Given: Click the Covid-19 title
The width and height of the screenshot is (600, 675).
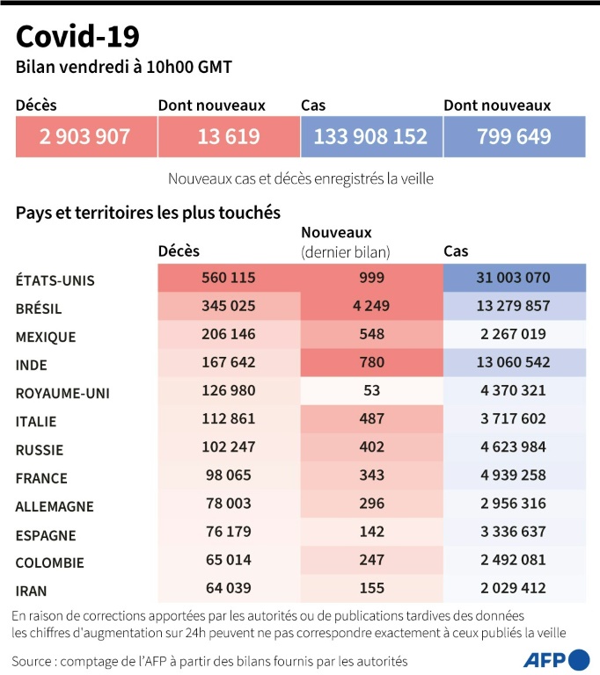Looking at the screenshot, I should [77, 36].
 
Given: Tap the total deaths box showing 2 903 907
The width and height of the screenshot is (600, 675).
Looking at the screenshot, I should [85, 137].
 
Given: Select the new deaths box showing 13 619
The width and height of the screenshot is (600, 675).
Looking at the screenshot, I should [229, 137].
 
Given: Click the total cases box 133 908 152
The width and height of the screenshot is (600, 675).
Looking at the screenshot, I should [370, 137].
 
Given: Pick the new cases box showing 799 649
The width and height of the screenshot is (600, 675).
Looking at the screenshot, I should [514, 137].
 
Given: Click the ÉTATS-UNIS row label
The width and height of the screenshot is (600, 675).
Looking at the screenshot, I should [55, 280].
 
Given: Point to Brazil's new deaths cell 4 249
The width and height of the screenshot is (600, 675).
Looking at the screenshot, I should [371, 307].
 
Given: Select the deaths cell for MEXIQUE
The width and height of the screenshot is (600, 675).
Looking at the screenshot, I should [229, 335].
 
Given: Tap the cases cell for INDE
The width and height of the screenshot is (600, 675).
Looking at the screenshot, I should [514, 363].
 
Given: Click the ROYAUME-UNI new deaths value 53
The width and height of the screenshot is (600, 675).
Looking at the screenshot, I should [371, 391].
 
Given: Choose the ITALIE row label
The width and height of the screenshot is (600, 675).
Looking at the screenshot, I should [36, 422].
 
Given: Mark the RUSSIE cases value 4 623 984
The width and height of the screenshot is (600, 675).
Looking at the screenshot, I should [514, 447].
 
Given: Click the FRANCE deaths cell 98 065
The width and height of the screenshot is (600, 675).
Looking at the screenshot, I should [229, 475].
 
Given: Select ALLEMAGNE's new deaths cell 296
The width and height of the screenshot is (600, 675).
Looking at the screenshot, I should [371, 504].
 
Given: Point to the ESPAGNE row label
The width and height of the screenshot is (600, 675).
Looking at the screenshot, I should [46, 534].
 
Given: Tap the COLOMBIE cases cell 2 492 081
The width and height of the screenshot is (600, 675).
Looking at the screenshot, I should [514, 560].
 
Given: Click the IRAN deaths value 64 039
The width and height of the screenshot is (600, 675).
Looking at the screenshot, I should [229, 588].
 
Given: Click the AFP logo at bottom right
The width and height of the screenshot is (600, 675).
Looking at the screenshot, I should [556, 659].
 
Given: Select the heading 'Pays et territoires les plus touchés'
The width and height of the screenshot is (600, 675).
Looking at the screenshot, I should [148, 213].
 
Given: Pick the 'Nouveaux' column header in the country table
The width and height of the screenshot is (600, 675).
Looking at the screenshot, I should [336, 233].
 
